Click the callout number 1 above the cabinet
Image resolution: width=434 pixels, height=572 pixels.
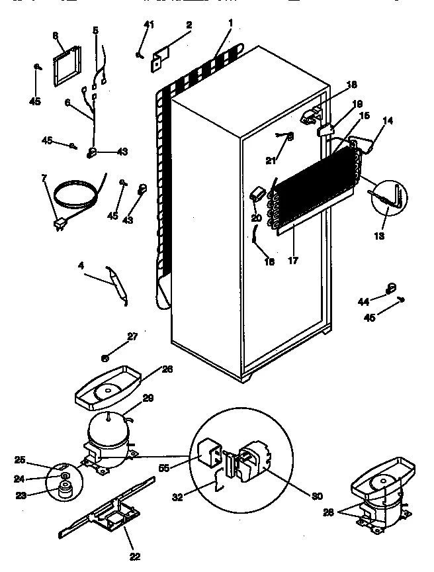click(x=230, y=23)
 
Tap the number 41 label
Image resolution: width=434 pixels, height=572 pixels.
click(x=148, y=25)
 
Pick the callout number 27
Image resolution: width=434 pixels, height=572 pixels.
click(x=132, y=336)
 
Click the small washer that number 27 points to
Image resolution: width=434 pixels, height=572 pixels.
click(x=105, y=358)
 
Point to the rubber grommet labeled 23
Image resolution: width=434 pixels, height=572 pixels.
click(x=64, y=490)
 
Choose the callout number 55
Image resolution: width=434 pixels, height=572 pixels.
click(x=165, y=467)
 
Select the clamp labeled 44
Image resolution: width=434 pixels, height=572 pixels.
click(x=390, y=288)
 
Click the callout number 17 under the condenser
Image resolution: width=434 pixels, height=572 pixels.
click(x=292, y=260)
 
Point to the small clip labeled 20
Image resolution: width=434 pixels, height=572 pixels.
click(x=257, y=193)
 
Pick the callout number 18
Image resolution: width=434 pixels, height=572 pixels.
click(x=351, y=84)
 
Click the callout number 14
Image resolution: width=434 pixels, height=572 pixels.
click(x=387, y=121)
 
